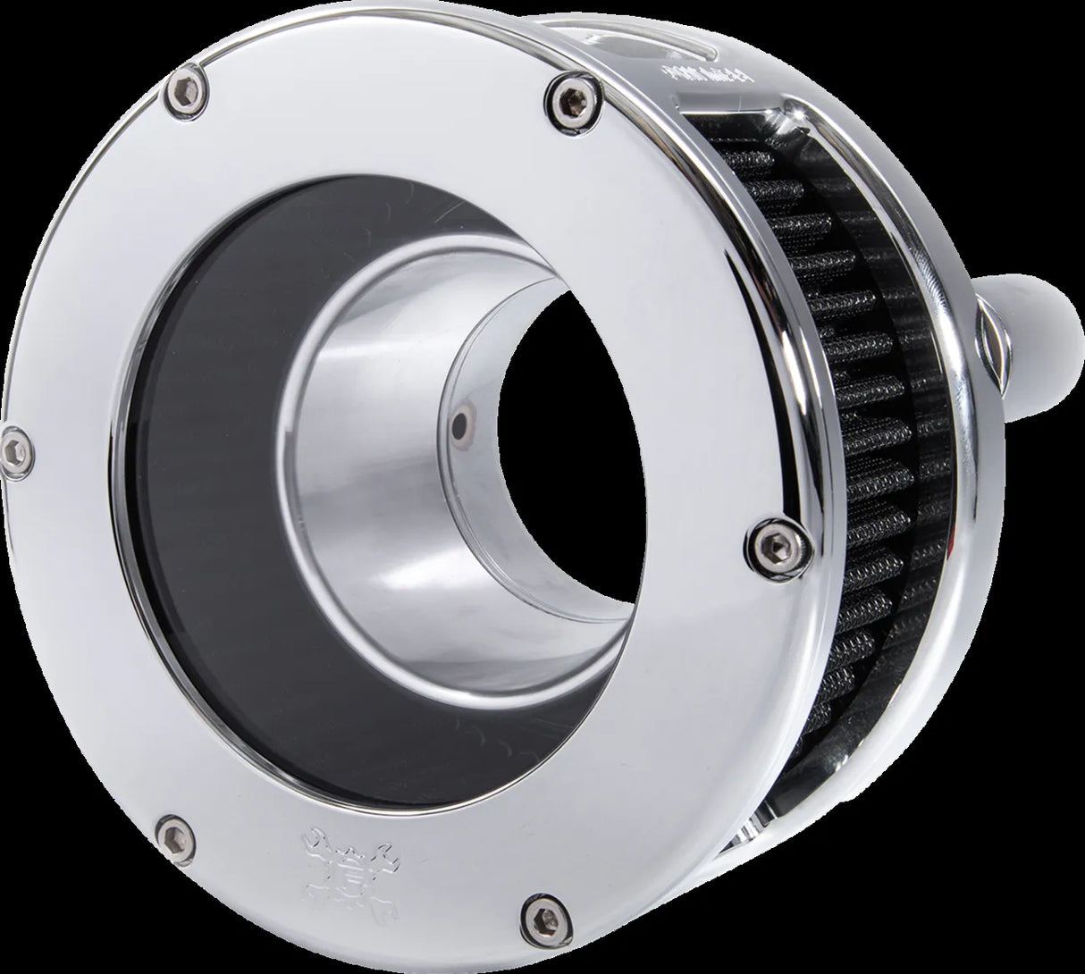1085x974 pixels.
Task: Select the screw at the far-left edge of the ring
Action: click(15, 439)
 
